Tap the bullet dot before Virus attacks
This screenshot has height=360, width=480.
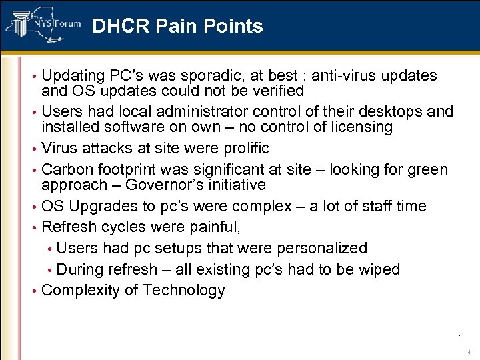[x=35, y=148]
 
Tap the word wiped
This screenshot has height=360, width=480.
[x=377, y=269]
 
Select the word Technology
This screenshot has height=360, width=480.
[x=184, y=291]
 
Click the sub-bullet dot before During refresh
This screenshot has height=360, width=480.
[x=50, y=270]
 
